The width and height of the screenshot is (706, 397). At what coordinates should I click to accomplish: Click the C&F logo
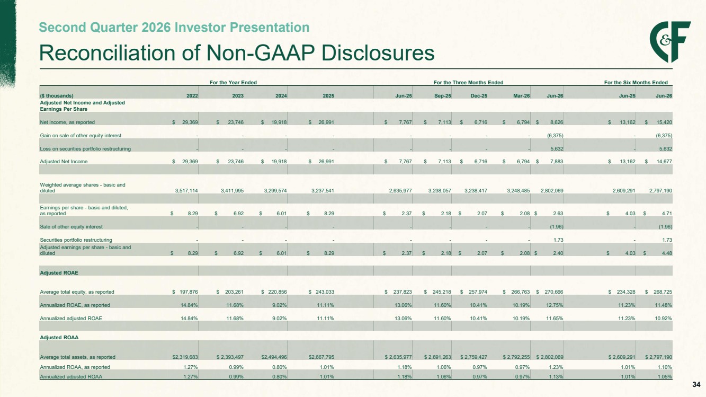click(670, 42)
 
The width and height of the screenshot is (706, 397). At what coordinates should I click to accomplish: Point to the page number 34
click(696, 384)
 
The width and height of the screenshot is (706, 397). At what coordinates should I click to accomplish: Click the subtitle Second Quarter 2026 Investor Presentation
click(174, 27)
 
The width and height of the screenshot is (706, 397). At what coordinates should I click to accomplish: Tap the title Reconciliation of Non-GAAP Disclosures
click(237, 52)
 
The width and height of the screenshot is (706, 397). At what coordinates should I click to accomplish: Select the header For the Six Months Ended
click(636, 83)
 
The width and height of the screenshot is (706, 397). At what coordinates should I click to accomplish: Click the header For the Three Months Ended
click(468, 83)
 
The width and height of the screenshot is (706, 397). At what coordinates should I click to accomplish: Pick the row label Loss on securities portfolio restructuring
click(85, 148)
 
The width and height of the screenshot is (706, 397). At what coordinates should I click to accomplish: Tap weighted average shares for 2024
click(272, 191)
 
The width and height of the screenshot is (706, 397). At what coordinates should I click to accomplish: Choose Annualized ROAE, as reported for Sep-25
click(443, 305)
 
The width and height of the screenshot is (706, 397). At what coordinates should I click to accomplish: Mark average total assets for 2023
click(230, 357)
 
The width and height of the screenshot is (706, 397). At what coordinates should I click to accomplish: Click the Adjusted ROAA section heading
click(59, 338)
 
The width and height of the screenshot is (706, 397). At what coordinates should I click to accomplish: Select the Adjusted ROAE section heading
click(59, 273)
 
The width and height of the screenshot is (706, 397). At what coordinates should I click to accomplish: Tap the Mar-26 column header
click(521, 96)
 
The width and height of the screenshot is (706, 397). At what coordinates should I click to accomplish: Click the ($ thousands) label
click(57, 96)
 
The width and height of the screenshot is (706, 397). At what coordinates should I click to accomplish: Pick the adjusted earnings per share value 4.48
click(667, 253)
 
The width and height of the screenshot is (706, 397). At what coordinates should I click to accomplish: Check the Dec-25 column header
click(479, 96)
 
